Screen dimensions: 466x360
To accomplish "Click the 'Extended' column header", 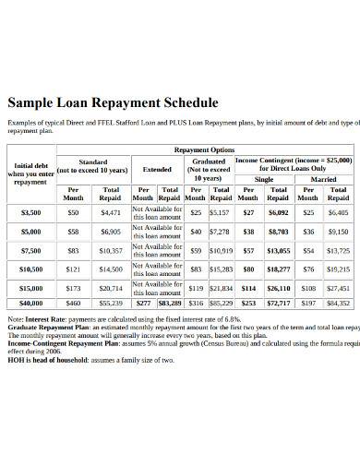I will pyautogui.click(x=156, y=170).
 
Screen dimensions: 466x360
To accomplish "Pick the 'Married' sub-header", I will pyautogui.click(x=323, y=181).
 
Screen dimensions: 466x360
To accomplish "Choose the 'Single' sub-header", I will pyautogui.click(x=264, y=181).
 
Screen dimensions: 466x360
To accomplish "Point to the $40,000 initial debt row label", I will pyautogui.click(x=31, y=303).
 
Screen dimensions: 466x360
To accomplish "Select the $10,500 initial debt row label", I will pyautogui.click(x=31, y=269).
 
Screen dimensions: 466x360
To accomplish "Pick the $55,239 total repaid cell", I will pyautogui.click(x=110, y=303).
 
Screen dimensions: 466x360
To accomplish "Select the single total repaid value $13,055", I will pyautogui.click(x=278, y=250).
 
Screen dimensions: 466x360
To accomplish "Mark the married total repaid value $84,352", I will pyautogui.click(x=338, y=303).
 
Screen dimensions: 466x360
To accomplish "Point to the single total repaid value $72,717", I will pyautogui.click(x=278, y=303).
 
